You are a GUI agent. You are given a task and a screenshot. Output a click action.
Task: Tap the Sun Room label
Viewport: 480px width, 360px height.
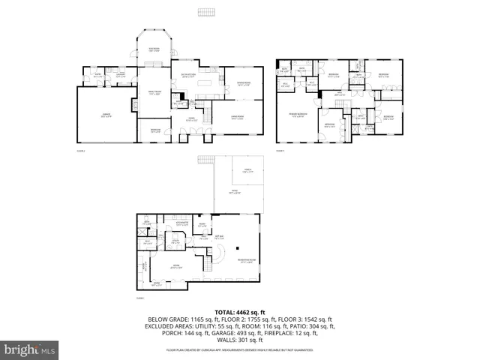154,49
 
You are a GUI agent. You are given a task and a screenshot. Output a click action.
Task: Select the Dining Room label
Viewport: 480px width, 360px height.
244,84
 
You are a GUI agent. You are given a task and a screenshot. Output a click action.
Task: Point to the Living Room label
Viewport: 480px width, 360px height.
238,118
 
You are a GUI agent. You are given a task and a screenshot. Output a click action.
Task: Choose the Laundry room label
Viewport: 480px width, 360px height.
120,75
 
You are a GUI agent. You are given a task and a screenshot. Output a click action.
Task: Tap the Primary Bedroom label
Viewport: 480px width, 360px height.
297,115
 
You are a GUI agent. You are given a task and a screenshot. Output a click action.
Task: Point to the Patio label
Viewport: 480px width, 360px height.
234,192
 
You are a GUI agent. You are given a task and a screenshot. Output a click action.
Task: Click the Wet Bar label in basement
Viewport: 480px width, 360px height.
220,238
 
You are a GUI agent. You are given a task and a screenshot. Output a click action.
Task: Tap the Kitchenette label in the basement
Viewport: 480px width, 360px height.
181,223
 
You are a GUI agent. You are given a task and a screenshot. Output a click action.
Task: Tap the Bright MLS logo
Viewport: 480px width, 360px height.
30,349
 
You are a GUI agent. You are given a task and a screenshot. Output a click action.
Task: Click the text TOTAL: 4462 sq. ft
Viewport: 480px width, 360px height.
239,311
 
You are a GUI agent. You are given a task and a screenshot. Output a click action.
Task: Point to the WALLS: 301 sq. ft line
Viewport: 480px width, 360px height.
239,340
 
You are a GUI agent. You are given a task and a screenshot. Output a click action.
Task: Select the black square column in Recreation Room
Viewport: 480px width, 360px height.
237,247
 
